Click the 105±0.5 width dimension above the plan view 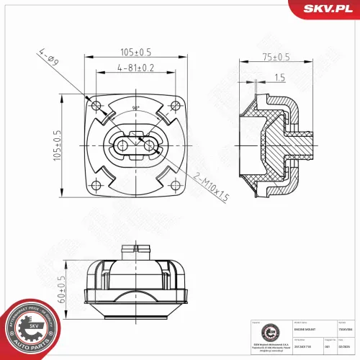coord(136,52)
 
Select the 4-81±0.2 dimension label coord(136,68)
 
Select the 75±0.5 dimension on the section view coord(274,57)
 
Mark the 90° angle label coord(136,109)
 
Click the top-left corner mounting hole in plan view coord(97,107)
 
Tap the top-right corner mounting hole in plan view coord(175,107)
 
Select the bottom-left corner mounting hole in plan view coord(97,185)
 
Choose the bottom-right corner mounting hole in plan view coord(175,185)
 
